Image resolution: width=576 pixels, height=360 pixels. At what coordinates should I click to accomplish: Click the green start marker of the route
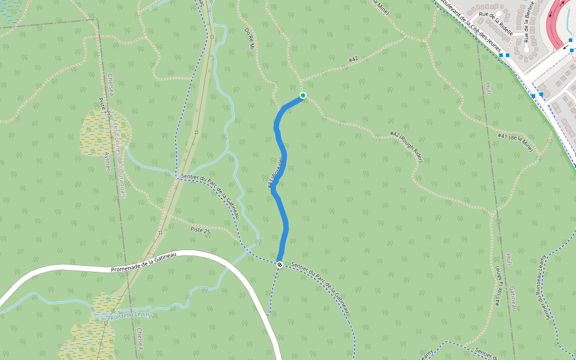point(303,95)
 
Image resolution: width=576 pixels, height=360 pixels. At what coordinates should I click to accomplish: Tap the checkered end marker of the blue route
point(280,264)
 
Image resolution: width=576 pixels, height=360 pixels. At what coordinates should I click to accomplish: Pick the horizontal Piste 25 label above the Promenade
point(200,230)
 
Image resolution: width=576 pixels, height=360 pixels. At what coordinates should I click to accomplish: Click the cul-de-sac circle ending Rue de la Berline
point(527,50)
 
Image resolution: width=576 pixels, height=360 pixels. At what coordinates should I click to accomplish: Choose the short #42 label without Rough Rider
point(353,59)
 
